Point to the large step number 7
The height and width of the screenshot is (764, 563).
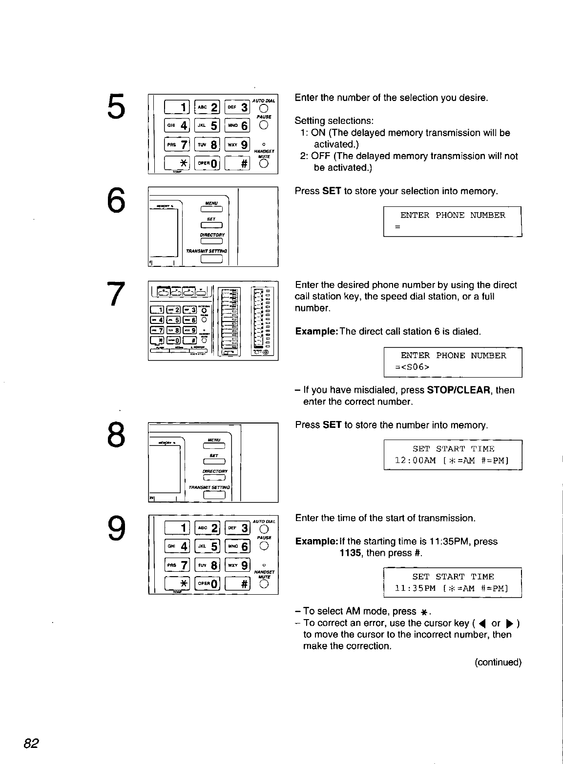click(115, 295)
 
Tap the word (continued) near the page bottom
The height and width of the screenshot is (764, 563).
click(498, 662)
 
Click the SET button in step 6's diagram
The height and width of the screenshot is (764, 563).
click(211, 224)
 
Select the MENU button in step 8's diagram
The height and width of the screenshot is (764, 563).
click(211, 444)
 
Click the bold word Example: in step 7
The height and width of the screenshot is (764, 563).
click(316, 332)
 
